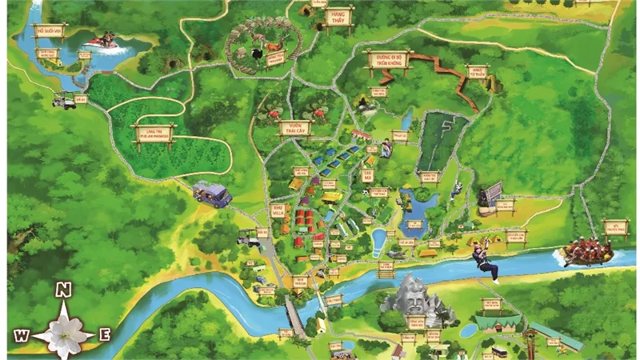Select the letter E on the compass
(104, 334)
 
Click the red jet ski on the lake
(102, 40)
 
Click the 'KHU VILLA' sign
(278, 210)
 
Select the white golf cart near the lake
(65, 101)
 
